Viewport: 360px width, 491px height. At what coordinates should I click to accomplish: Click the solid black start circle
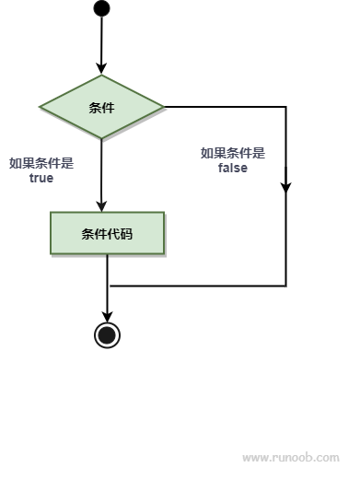(x=101, y=8)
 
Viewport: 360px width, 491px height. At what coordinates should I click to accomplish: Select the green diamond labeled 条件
(x=101, y=107)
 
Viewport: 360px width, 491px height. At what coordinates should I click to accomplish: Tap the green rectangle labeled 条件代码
(x=107, y=233)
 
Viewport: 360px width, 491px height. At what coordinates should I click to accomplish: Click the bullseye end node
(x=108, y=334)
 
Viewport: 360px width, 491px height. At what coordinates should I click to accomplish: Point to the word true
(x=41, y=179)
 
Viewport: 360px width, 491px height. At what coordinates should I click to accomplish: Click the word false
(x=232, y=169)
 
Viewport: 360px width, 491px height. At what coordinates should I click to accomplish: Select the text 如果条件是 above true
(x=41, y=163)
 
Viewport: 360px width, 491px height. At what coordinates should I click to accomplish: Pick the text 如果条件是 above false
(x=232, y=153)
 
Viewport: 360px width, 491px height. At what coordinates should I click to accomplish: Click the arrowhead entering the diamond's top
(x=101, y=68)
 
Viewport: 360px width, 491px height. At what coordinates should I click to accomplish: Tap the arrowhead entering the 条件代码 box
(x=101, y=205)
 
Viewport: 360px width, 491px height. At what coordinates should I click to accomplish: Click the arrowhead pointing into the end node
(x=108, y=315)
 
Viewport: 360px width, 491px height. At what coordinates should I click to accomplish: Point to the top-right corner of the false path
(x=285, y=107)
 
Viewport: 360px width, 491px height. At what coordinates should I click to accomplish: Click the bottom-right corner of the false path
(x=285, y=286)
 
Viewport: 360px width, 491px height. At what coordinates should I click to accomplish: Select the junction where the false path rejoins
(x=108, y=286)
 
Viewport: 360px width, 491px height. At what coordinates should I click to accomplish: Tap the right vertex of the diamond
(x=163, y=107)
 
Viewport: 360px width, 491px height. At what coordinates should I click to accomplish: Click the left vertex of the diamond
(x=41, y=107)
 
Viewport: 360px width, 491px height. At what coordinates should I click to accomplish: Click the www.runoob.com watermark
(x=290, y=457)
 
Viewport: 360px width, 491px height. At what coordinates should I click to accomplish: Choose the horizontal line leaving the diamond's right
(x=226, y=107)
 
